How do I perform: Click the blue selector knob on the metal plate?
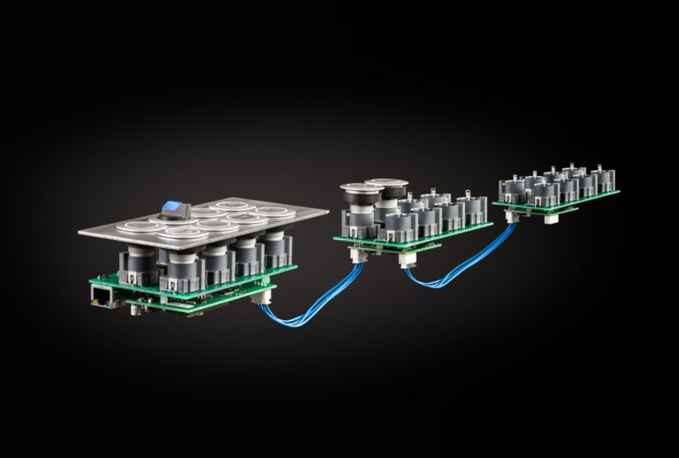click(175, 210)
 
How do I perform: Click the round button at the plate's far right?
click(277, 212)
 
